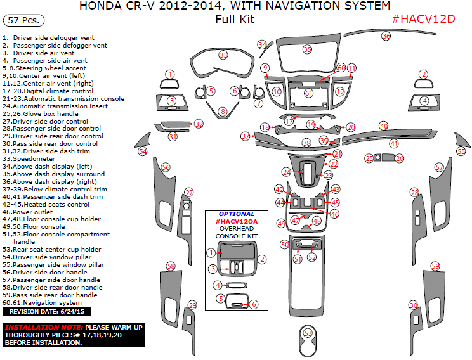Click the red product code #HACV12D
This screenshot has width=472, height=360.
(x=423, y=18)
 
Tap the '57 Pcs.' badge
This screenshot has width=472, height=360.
(x=23, y=20)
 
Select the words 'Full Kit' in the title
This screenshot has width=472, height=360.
(x=235, y=19)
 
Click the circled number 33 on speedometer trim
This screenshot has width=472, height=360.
(x=223, y=55)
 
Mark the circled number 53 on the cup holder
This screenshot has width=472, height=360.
(x=308, y=333)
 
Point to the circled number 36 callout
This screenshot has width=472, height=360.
(x=386, y=37)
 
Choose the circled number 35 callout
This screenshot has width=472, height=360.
(x=307, y=49)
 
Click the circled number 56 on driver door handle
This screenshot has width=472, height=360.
(x=166, y=167)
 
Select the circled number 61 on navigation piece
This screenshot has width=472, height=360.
(x=309, y=93)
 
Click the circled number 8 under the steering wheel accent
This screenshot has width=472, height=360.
(x=222, y=112)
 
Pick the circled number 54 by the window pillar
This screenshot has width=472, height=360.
(x=143, y=151)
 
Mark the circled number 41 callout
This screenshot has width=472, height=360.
(x=394, y=144)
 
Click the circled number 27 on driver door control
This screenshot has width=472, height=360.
(x=188, y=192)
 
